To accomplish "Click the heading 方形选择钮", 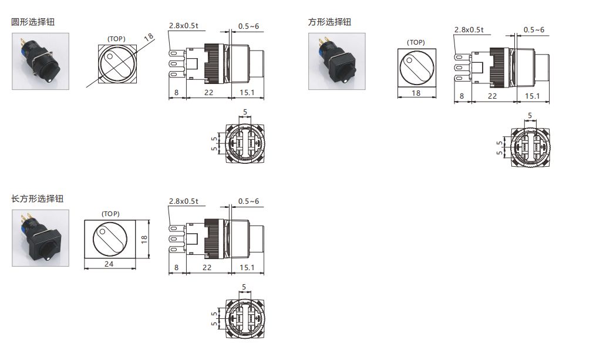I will point(329,22).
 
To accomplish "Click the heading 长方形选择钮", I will point(37,198).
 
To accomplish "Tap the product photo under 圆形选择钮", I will point(41,61).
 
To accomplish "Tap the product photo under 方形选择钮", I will point(337,61).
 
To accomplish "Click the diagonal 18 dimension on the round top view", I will point(149,38).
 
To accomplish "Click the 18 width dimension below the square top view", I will point(416,93).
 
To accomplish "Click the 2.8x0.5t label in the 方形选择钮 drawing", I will point(469,29).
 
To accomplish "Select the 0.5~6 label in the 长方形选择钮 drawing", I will point(248,201).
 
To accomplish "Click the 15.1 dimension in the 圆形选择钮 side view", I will point(247,92).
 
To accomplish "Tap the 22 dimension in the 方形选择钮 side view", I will point(492,96).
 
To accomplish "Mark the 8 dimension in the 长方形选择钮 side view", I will point(176,267).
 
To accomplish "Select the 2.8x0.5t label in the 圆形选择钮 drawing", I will point(183,25).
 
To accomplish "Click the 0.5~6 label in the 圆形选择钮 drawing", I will point(248,26).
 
